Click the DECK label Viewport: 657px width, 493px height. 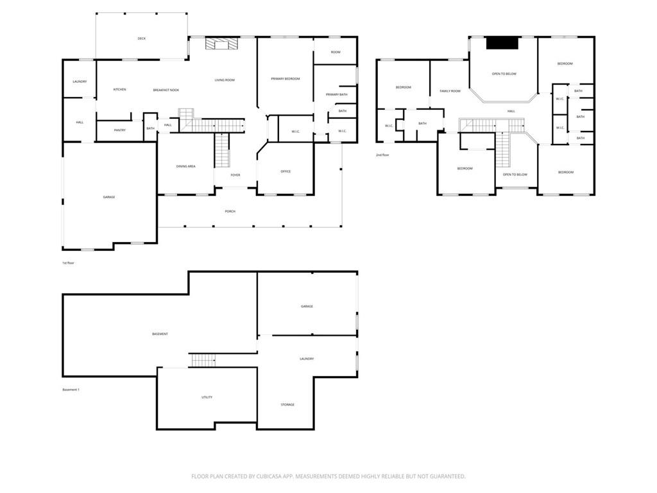tap(142, 39)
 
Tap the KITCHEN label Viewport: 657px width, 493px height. tap(119, 89)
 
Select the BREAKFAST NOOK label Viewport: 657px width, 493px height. tap(166, 90)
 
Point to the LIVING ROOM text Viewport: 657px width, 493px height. tap(225, 80)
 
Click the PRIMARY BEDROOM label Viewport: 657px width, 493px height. tap(286, 79)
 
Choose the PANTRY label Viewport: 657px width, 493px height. tap(120, 130)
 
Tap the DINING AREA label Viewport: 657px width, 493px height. tap(185, 166)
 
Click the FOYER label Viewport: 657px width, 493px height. tap(235, 175)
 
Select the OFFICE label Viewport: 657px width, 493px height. tap(286, 171)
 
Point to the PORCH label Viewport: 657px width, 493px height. tap(230, 211)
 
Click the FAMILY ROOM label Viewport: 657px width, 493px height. tap(450, 91)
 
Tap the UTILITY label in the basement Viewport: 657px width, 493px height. tap(207, 397)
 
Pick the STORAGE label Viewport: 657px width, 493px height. tap(287, 404)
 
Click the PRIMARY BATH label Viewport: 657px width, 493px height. tap(336, 95)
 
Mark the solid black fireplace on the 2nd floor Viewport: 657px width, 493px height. tap(502, 43)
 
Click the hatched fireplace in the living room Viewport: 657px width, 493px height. tap(221, 44)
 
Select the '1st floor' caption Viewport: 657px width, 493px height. tap(68, 263)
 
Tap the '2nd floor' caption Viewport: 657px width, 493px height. tap(382, 155)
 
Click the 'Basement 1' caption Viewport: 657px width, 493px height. tap(71, 390)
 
